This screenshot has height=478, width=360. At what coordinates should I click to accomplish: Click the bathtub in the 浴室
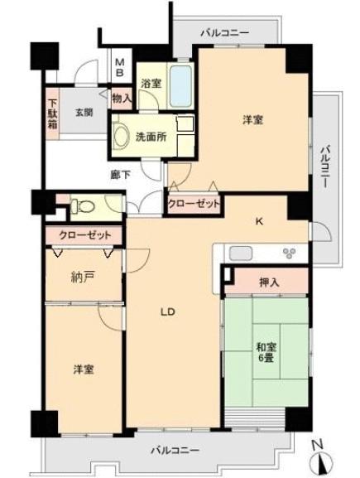pyautogui.click(x=181, y=85)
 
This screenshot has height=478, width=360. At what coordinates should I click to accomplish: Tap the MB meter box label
pyautogui.click(x=121, y=67)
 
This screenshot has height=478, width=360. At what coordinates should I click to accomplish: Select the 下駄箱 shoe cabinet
pyautogui.click(x=52, y=113)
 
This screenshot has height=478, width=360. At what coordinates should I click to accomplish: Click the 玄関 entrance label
pyautogui.click(x=84, y=113)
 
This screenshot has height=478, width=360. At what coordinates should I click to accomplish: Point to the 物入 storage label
pyautogui.click(x=122, y=99)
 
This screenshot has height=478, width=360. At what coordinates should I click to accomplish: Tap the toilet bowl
pyautogui.click(x=83, y=206)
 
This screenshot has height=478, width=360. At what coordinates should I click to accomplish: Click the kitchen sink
pyautogui.click(x=241, y=253)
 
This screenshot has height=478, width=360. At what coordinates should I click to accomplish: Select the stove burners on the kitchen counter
pyautogui.click(x=289, y=253)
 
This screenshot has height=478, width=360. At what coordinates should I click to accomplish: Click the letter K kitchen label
pyautogui.click(x=258, y=221)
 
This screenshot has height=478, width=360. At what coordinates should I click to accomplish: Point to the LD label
pyautogui.click(x=167, y=311)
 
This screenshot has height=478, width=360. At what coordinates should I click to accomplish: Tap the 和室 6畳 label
pyautogui.click(x=266, y=352)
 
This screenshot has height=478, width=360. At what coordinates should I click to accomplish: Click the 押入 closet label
pyautogui.click(x=269, y=282)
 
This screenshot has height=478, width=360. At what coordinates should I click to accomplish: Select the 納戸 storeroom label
pyautogui.click(x=83, y=277)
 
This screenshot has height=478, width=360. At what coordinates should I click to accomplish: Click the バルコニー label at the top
pyautogui.click(x=225, y=32)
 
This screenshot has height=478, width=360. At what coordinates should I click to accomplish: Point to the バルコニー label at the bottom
pyautogui.click(x=175, y=450)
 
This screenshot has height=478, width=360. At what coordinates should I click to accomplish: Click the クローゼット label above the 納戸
pyautogui.click(x=85, y=235)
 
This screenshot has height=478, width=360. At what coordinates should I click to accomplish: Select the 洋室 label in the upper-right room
pyautogui.click(x=252, y=120)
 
